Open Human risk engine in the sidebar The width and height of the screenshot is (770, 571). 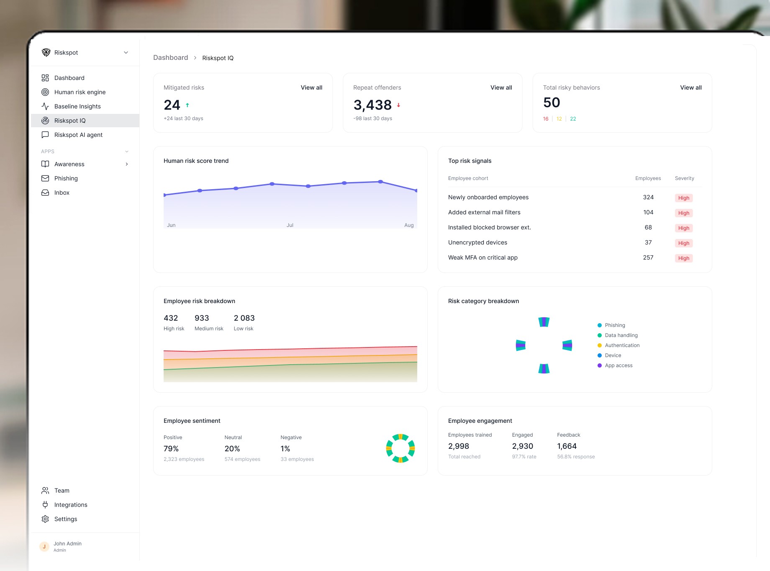tap(80, 92)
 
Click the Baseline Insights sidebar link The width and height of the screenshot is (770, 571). tap(77, 106)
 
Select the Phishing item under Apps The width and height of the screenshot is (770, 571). tap(66, 178)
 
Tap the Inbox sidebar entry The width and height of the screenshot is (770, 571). tap(62, 193)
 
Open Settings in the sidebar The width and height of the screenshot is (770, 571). tap(65, 519)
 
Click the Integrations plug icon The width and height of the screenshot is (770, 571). tap(45, 505)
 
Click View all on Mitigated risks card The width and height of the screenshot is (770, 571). tap(311, 87)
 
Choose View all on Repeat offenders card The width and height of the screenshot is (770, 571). tap(501, 87)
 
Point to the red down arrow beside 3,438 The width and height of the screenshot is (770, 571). tap(398, 105)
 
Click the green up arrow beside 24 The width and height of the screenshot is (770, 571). tap(187, 105)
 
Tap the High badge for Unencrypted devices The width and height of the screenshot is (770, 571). tap(683, 243)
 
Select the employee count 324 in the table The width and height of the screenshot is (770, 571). tap(648, 197)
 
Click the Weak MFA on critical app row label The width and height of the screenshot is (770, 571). tap(483, 257)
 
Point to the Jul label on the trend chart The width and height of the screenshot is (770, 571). tap(290, 225)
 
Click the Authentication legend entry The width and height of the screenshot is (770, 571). tap(622, 345)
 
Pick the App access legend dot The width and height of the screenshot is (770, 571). tap(600, 365)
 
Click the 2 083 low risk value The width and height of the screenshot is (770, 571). tap(244, 318)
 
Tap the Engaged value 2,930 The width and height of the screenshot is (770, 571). tap(522, 446)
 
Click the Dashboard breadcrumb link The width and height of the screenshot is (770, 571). tap(170, 58)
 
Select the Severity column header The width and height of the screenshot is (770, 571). tap(684, 178)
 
